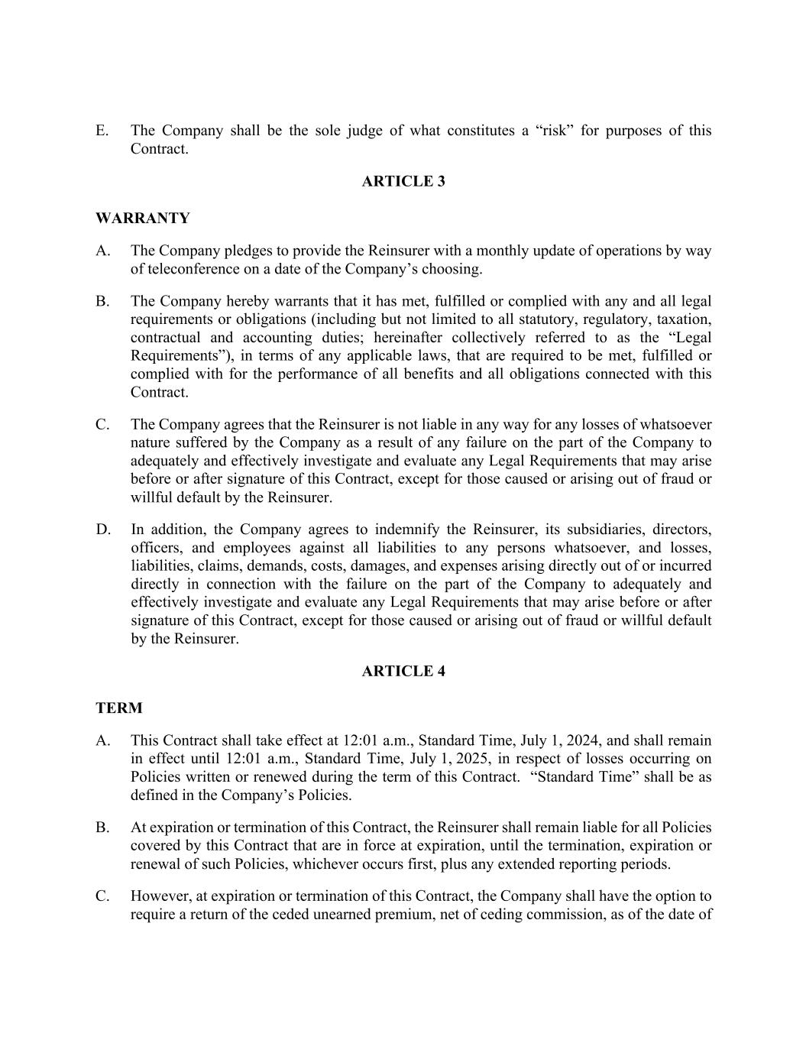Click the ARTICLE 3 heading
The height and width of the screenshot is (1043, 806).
click(403, 181)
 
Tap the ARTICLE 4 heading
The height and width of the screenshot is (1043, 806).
click(403, 671)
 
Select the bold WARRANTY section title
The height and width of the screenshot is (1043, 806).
click(143, 218)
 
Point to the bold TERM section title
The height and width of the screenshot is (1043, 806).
click(119, 708)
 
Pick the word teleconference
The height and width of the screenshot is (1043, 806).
click(192, 269)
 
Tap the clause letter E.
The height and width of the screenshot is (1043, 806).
click(102, 131)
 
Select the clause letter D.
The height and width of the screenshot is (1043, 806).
click(102, 530)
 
